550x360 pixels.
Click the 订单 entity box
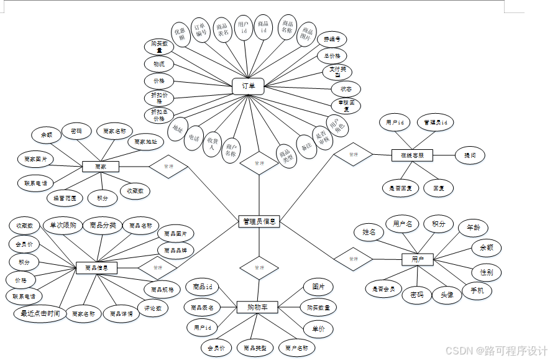[248, 86]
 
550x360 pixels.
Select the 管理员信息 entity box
[259, 221]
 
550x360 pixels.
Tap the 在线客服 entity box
[412, 155]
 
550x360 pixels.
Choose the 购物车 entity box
[257, 307]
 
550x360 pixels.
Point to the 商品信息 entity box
[96, 268]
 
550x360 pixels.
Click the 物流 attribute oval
[159, 64]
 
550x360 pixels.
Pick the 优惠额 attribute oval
[179, 34]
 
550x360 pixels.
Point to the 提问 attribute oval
[470, 155]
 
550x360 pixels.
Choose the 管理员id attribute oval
[436, 122]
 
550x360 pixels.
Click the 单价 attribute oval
[318, 328]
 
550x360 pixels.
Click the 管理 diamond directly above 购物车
[259, 268]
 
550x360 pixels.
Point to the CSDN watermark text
[496, 350]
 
